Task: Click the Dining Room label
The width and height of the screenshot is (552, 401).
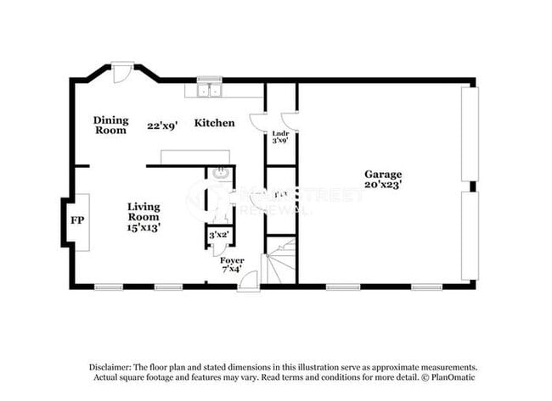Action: pyautogui.click(x=110, y=125)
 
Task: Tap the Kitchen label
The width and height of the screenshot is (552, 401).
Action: pyautogui.click(x=215, y=124)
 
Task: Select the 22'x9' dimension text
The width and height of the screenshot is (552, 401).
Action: pyautogui.click(x=161, y=125)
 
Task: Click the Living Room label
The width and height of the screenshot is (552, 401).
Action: pyautogui.click(x=144, y=211)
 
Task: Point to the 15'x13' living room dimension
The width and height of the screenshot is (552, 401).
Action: pyautogui.click(x=144, y=226)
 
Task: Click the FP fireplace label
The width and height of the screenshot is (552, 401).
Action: pyautogui.click(x=76, y=221)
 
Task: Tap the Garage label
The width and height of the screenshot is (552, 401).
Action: pyautogui.click(x=384, y=174)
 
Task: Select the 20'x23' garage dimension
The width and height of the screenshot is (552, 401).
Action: pyautogui.click(x=384, y=183)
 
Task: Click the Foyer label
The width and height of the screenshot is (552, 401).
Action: pyautogui.click(x=232, y=259)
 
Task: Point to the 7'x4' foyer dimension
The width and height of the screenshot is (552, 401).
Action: pyautogui.click(x=232, y=269)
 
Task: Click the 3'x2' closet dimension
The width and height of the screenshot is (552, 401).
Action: pyautogui.click(x=218, y=234)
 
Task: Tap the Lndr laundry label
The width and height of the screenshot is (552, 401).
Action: pyautogui.click(x=279, y=134)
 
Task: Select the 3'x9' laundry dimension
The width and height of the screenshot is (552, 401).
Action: pyautogui.click(x=279, y=142)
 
